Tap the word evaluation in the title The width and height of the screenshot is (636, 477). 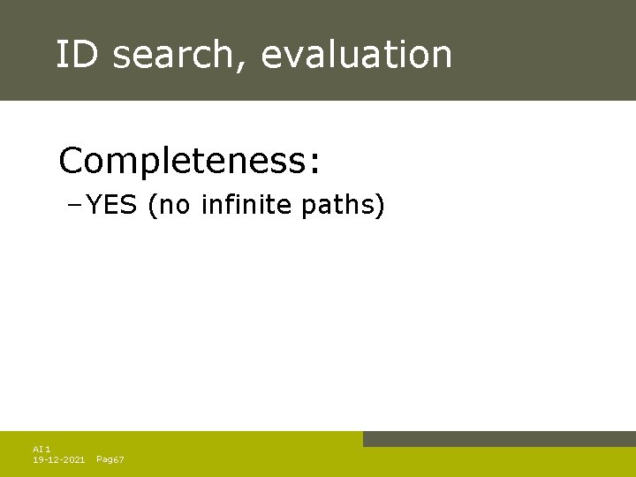[357, 55]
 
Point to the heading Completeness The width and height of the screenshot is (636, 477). [190, 162]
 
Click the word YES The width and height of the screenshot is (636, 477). [112, 206]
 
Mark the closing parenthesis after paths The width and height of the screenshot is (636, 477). [381, 207]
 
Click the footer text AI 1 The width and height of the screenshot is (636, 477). [42, 450]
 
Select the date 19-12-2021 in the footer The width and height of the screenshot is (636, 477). [58, 460]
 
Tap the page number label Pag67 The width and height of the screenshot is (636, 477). [110, 460]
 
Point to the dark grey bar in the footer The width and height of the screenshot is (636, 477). [499, 439]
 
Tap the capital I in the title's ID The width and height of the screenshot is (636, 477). [61, 55]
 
